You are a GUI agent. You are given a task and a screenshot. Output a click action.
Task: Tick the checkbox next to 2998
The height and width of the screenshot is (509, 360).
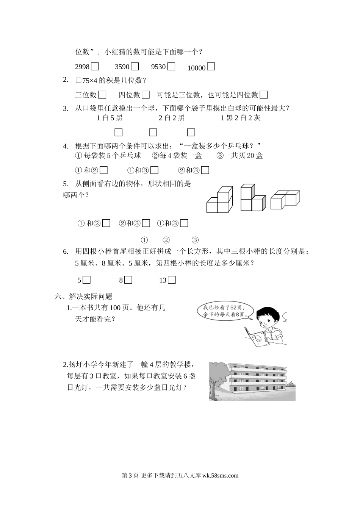(x=95, y=67)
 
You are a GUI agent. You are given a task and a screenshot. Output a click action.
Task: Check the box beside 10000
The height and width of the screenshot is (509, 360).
(x=211, y=67)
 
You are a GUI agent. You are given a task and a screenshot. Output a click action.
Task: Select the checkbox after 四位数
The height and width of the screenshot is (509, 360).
(x=146, y=95)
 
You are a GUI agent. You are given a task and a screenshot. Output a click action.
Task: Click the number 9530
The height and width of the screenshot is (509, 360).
(x=158, y=67)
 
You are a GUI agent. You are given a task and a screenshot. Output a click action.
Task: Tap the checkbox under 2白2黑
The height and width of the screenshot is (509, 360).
(x=153, y=132)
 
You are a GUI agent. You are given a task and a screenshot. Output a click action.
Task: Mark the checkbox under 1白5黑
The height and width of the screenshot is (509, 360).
(x=119, y=132)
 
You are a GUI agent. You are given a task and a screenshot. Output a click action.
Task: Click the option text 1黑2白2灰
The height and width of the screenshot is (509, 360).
(x=241, y=118)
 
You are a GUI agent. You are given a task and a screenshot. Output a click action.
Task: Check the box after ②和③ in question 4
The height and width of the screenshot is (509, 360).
(x=205, y=170)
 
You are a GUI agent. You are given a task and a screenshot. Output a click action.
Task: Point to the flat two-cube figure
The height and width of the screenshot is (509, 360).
(x=285, y=199)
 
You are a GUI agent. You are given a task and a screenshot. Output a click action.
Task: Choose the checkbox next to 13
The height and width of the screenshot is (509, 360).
(x=172, y=280)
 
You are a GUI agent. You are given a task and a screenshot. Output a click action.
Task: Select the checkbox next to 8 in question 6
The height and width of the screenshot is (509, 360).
(x=128, y=280)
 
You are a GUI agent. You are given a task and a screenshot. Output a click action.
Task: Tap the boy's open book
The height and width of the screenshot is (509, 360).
(x=256, y=336)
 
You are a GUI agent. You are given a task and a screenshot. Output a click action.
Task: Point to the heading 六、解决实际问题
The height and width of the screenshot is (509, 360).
(x=83, y=297)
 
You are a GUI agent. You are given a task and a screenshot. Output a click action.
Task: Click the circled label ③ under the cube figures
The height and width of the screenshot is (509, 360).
(x=195, y=240)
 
